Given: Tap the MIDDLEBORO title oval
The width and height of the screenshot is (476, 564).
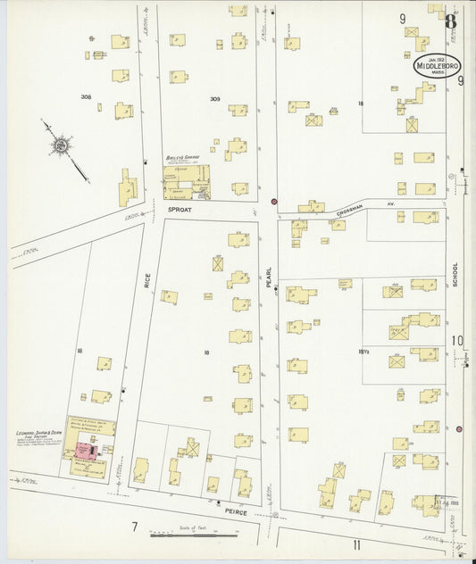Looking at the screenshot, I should pos(437,66).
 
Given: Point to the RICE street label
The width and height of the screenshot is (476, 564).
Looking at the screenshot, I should pos(146,281).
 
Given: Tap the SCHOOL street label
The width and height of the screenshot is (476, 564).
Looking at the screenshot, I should pos(455,274).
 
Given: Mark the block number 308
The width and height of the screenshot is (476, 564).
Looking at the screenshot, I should pos(86,96).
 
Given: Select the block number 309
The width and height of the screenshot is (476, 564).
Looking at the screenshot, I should pos(214,98).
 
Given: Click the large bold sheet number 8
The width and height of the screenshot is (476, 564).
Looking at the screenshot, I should pos(451,20).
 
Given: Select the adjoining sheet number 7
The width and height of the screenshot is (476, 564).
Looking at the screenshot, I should pos(134,527).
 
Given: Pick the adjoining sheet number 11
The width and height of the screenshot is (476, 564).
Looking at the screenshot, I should pos(355,543).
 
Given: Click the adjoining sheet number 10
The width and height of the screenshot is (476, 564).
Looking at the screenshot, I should pos(457,340).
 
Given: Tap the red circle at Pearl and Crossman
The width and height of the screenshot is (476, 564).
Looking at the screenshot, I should pos(274,202).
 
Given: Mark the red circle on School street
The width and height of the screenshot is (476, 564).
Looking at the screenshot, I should pos(459,428).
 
